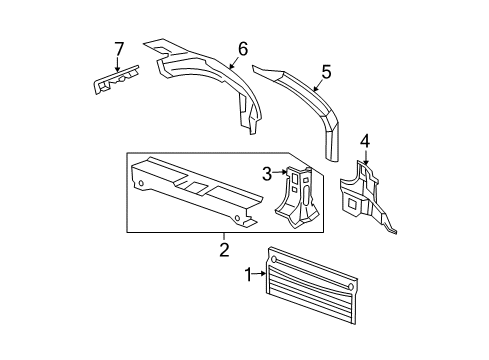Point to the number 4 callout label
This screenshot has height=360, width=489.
365,140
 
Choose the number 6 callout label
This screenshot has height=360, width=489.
241,47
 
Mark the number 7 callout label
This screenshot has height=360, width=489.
118,48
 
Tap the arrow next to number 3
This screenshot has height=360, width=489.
281,174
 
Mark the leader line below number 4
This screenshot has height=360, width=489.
365,154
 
